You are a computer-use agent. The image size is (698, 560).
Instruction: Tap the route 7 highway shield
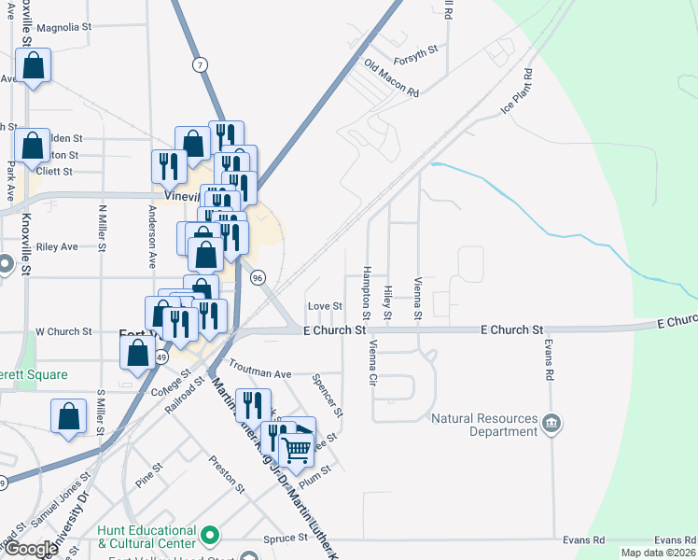(200, 64)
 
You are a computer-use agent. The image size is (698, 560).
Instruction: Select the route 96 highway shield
(258, 277)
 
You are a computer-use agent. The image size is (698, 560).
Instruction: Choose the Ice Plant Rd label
(516, 91)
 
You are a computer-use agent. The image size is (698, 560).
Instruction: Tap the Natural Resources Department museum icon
(551, 425)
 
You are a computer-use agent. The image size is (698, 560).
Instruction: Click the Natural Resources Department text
(485, 426)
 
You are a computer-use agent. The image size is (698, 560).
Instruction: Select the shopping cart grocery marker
(297, 450)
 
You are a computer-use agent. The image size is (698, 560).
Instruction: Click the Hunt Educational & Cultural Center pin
(211, 537)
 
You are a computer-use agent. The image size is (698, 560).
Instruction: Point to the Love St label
(326, 305)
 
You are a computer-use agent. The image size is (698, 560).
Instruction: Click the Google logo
(31, 548)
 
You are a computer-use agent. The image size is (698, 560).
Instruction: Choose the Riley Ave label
(57, 246)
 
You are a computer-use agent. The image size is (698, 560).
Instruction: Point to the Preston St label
(227, 473)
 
